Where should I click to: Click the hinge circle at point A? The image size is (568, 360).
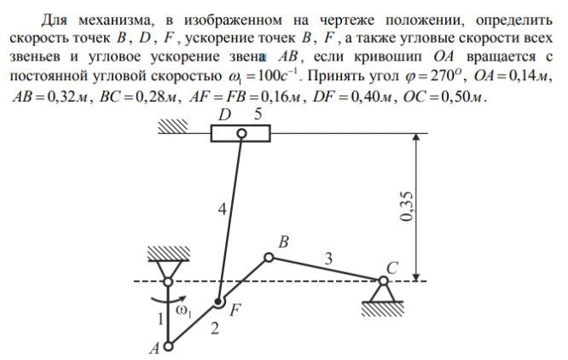tap(169, 346)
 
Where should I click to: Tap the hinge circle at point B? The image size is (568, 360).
tap(270, 257)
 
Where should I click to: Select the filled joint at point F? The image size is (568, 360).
tap(219, 301)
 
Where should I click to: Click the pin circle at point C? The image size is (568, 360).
tap(385, 282)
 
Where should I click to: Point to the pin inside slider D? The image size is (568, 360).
tap(241, 133)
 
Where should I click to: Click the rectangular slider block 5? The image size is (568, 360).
tap(241, 133)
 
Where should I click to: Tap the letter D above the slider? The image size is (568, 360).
tap(225, 114)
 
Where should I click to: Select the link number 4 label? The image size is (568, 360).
tap(221, 208)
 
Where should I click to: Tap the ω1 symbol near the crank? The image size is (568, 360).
tap(183, 312)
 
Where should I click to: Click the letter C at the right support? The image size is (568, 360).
tap(391, 267)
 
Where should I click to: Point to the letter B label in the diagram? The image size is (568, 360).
tap(284, 243)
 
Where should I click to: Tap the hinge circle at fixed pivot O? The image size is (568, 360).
tap(169, 282)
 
